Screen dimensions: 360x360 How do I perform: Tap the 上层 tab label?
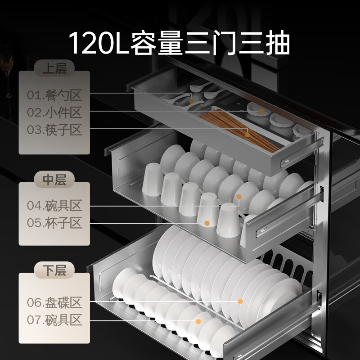coord(54,69)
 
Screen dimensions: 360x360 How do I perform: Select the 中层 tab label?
coord(54,180)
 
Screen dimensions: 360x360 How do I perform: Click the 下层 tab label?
coord(54,270)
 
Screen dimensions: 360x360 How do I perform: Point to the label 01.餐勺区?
coord(54,95)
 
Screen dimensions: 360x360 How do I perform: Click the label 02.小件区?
coord(54,112)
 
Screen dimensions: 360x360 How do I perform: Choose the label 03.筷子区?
coord(54,130)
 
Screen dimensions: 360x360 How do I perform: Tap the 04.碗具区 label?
coord(54,206)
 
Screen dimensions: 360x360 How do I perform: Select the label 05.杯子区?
coord(54,223)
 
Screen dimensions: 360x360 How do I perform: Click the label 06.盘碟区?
coord(54,301)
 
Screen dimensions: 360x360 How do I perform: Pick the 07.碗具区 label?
coord(54,320)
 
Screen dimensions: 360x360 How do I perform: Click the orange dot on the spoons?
coord(192,101)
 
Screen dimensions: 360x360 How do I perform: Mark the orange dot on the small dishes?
coord(261,111)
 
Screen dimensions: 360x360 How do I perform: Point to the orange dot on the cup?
coord(207,223)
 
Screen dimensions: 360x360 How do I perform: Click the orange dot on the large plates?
coord(240,301)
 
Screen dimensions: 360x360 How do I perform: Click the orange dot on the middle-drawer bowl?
coord(239,197)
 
